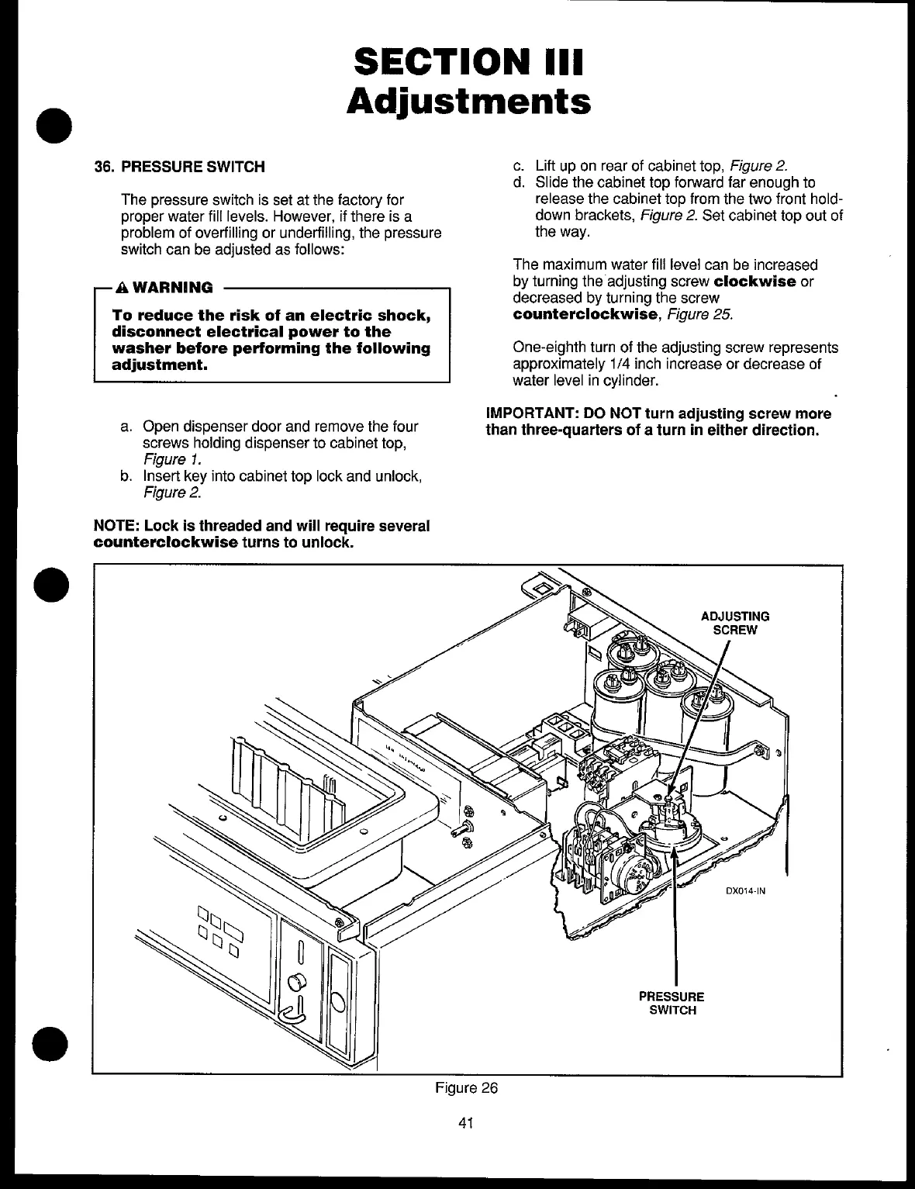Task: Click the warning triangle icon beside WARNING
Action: [x=121, y=288]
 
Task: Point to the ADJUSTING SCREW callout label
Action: [x=734, y=623]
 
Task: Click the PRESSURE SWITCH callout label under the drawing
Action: [x=672, y=1004]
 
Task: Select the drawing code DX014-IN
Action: [x=745, y=891]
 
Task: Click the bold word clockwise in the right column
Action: [x=754, y=281]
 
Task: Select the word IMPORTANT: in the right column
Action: [x=521, y=413]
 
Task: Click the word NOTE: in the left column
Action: [x=116, y=527]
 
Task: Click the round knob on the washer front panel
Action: [x=293, y=984]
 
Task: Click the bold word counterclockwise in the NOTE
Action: [x=165, y=542]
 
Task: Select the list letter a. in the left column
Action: [x=126, y=427]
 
